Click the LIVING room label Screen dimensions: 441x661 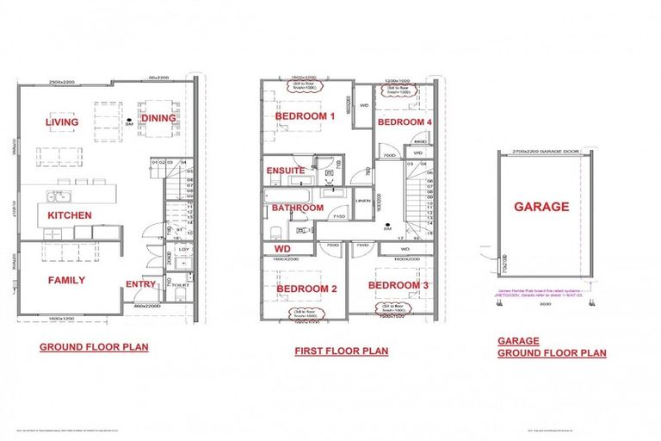[x=61, y=122]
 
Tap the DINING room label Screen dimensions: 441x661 [x=158, y=119]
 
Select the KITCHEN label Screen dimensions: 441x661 [x=70, y=214]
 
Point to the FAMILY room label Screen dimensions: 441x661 [x=65, y=280]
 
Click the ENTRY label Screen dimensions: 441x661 [x=140, y=284]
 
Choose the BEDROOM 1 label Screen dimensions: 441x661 [x=305, y=116]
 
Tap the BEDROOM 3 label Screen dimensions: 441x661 [x=398, y=285]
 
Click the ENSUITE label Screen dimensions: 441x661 [x=285, y=171]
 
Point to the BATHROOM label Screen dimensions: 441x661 [x=298, y=208]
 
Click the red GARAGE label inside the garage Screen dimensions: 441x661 [x=541, y=207]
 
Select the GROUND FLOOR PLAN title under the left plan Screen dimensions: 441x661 [x=94, y=348]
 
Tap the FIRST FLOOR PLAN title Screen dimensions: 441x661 [x=341, y=351]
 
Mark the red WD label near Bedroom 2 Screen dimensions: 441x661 [x=282, y=249]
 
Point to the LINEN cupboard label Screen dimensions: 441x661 [x=361, y=202]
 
